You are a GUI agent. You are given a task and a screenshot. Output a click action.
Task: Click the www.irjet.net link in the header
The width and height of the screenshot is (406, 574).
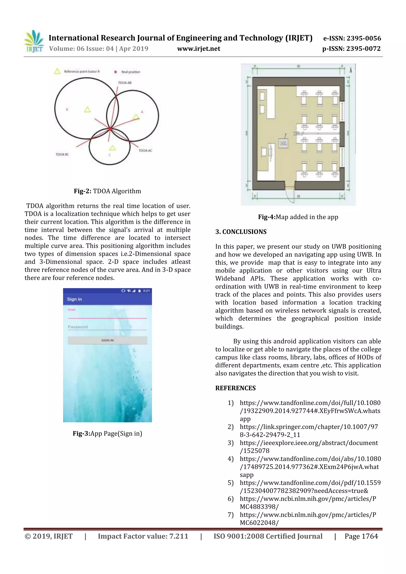pos(199,49)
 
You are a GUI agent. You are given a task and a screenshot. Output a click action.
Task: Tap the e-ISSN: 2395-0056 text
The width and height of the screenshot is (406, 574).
pos(352,38)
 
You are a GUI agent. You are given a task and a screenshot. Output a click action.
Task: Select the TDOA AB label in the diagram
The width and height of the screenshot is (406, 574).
pos(124,83)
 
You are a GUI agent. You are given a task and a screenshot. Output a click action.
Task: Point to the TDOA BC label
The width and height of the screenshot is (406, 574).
pos(62,155)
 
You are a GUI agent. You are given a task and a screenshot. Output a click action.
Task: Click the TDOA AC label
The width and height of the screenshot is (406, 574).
pos(145,151)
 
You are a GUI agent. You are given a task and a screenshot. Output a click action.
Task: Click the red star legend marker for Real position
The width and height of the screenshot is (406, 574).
pos(115,72)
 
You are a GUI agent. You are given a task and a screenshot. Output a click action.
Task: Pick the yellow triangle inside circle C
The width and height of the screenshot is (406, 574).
pos(113,148)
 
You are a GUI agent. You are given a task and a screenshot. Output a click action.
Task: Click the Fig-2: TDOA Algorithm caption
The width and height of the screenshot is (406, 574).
pos(107,191)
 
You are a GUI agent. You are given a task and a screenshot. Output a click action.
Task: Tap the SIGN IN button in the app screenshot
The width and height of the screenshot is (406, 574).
pos(107,340)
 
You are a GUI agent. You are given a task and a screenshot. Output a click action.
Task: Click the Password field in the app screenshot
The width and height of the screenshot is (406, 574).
pos(107,327)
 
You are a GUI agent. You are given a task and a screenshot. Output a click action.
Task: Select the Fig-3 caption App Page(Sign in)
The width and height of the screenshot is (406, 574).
pos(107,434)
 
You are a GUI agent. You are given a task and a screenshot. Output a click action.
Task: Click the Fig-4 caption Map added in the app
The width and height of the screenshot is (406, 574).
pos(298,217)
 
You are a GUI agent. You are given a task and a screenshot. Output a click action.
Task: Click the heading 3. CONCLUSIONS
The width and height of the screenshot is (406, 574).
pos(241,232)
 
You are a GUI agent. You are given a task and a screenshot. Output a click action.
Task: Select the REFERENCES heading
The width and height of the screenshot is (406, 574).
pos(235,388)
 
